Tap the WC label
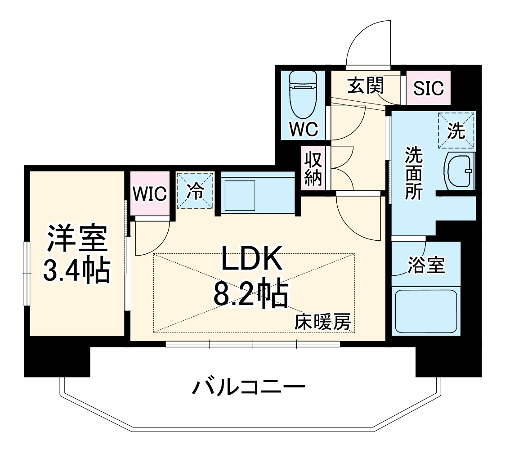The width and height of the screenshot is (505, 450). pos(304,130)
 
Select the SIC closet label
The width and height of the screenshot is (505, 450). pos(429,89)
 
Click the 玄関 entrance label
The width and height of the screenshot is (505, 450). pos(366,85)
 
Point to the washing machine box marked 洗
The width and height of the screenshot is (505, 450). pos(456,130)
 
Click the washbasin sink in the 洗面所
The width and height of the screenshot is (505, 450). pos(460,171)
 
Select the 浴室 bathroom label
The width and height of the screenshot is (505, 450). pos(425,265)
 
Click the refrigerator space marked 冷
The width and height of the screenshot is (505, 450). pos(195,191)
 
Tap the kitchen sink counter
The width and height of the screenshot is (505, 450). pos(256,193)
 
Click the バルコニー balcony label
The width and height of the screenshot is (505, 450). pos(249,387)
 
